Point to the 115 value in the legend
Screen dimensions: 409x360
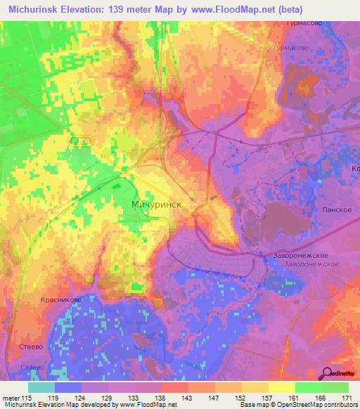[x=27, y=397]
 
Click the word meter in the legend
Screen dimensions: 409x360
[x=10, y=397]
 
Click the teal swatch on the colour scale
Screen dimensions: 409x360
[x=41, y=387]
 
